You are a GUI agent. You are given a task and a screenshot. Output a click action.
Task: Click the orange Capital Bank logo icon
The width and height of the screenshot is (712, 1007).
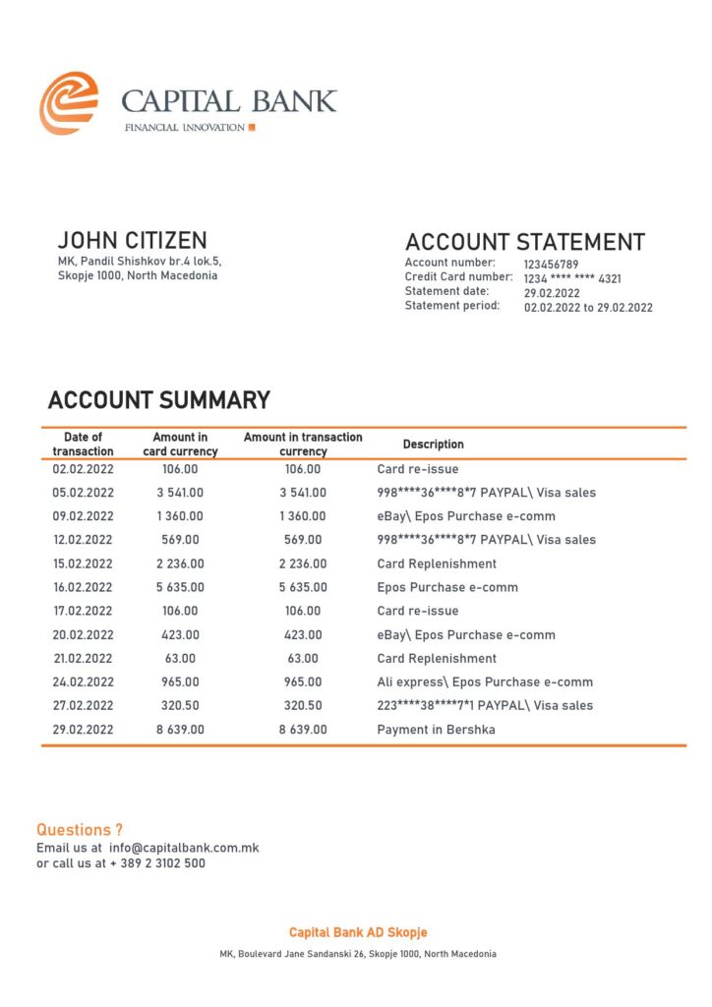(68, 103)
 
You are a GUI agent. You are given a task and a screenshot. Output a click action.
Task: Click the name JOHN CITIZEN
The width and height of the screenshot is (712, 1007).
(133, 241)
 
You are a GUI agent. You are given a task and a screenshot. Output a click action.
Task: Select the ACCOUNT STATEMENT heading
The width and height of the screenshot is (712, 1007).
(525, 242)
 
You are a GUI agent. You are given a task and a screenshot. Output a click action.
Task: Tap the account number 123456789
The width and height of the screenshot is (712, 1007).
(551, 265)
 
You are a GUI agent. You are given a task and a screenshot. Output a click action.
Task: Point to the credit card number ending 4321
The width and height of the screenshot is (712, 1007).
(571, 279)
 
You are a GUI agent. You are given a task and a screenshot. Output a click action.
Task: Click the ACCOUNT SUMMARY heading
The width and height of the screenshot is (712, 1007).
(158, 400)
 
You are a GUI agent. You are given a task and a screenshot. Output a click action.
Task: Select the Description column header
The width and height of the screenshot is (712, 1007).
(433, 444)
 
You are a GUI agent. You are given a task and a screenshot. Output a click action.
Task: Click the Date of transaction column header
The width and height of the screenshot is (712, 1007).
(84, 444)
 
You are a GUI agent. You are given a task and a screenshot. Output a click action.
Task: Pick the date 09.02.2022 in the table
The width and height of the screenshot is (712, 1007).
(84, 516)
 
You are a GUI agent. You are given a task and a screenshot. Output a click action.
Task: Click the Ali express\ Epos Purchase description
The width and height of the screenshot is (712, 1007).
(485, 682)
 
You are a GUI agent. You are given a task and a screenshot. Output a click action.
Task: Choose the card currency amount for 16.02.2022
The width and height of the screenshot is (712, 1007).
(179, 587)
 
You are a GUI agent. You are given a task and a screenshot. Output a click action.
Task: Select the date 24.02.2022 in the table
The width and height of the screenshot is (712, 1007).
(84, 682)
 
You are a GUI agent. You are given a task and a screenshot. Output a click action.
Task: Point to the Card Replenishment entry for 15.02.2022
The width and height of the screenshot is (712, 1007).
(437, 563)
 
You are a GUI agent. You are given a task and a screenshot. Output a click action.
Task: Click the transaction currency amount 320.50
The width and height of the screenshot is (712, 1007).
(303, 706)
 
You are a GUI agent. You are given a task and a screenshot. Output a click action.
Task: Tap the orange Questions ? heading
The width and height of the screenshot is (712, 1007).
(80, 830)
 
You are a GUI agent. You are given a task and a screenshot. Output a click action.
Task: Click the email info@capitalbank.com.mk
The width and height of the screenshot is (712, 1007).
(184, 848)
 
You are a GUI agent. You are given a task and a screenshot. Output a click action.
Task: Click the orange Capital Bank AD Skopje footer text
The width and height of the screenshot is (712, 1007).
(358, 932)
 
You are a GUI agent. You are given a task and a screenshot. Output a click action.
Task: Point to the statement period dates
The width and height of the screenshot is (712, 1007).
(587, 308)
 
